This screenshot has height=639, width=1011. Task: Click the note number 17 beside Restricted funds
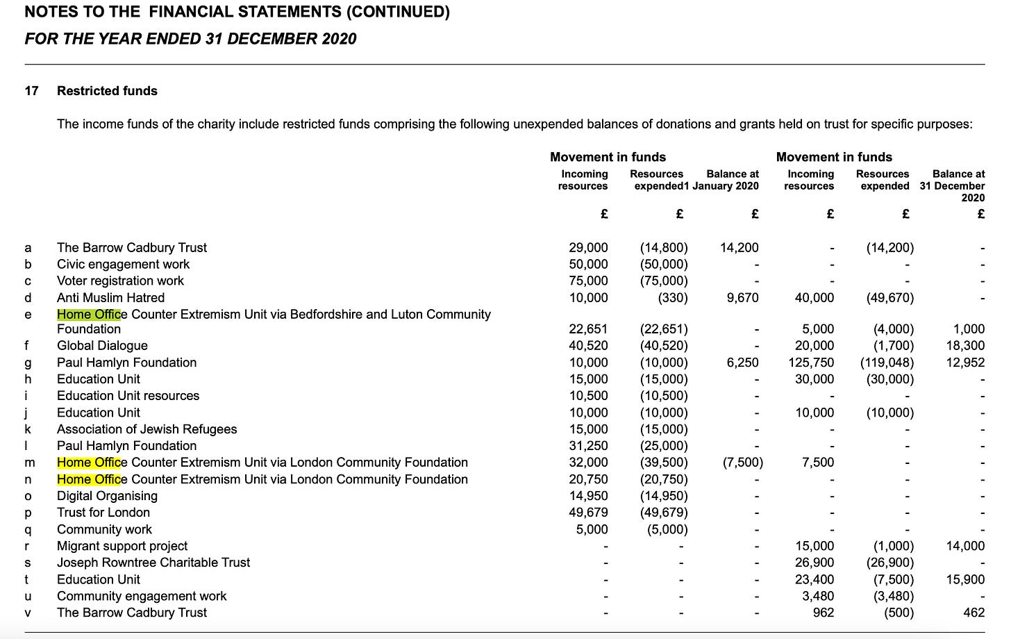tap(32, 91)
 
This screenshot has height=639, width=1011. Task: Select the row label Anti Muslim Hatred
tap(110, 298)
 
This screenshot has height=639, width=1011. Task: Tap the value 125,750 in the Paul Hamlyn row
tap(811, 363)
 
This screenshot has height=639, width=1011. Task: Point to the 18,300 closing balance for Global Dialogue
tap(965, 346)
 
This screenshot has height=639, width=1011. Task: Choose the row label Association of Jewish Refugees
tap(147, 429)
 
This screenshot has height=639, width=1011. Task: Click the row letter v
tap(28, 613)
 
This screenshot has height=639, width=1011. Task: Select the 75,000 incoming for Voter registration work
tap(588, 281)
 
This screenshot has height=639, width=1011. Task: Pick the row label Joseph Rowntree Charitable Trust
tap(153, 563)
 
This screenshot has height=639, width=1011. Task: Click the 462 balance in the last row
tap(974, 613)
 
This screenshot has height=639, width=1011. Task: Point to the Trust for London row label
tap(103, 513)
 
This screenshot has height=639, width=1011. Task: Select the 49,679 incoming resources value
tap(588, 513)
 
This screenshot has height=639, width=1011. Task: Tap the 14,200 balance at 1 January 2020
tap(740, 248)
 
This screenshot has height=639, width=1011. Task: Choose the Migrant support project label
tap(122, 546)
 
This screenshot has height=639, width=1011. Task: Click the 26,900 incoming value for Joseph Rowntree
tap(814, 563)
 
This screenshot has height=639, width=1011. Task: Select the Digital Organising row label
tap(107, 496)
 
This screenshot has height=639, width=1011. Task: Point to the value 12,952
tap(965, 363)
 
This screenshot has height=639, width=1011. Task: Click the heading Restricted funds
tap(107, 91)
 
